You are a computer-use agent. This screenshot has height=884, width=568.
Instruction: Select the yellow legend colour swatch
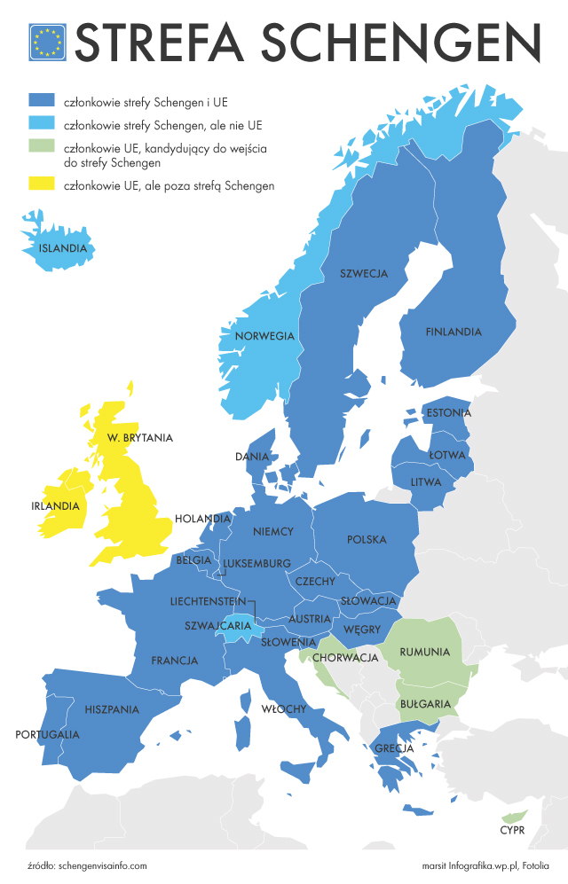click(x=42, y=184)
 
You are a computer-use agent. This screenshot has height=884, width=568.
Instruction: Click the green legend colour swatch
click(x=42, y=146)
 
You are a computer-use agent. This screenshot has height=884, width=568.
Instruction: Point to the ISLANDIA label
click(x=63, y=248)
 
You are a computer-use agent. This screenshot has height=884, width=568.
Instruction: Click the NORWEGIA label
click(x=264, y=336)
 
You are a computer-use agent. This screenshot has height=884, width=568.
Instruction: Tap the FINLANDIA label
click(x=454, y=332)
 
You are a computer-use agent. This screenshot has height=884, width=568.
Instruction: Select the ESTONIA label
click(x=449, y=413)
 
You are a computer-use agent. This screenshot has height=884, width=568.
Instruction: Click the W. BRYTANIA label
click(x=139, y=437)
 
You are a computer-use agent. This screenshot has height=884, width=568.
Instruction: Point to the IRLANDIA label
click(x=55, y=506)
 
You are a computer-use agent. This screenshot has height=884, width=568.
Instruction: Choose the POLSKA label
click(x=367, y=539)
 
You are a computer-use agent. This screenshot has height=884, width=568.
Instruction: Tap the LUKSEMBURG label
click(x=257, y=563)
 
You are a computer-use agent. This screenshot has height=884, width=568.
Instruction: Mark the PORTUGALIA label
click(x=48, y=734)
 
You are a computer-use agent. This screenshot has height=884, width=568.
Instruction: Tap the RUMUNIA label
click(x=425, y=652)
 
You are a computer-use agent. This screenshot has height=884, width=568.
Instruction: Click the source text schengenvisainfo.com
click(x=101, y=865)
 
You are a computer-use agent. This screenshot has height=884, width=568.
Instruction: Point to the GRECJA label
click(x=394, y=748)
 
